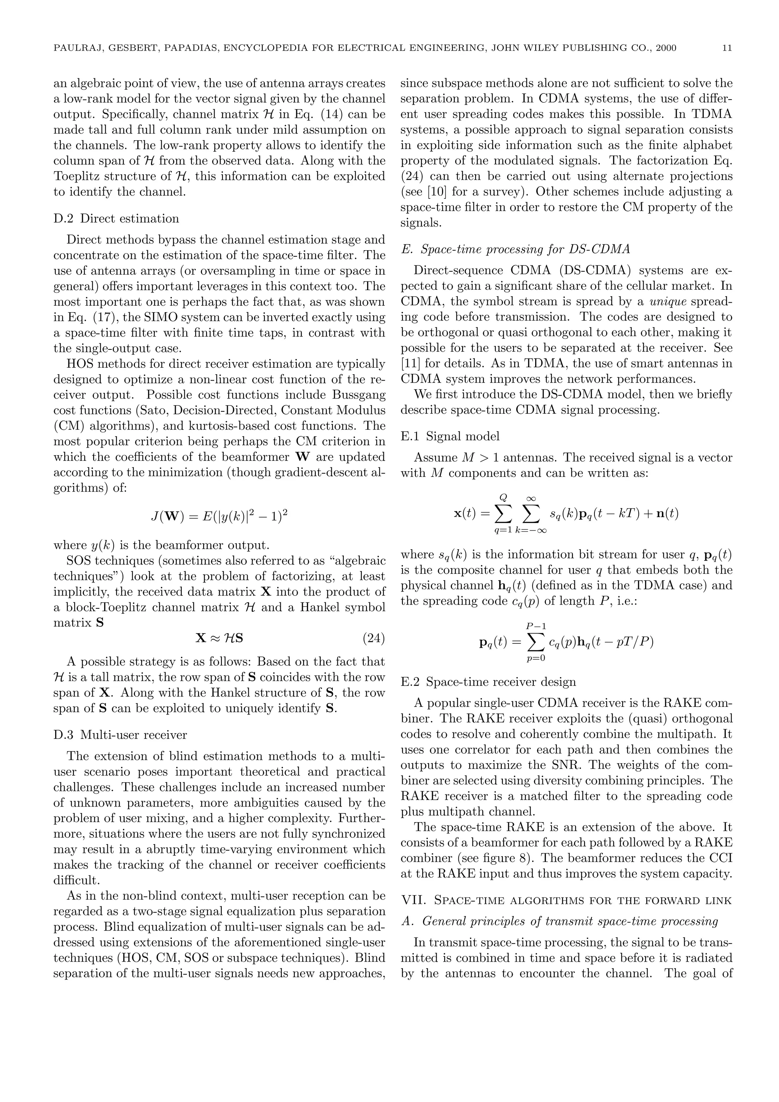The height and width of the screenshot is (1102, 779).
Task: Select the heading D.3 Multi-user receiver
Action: coord(120,735)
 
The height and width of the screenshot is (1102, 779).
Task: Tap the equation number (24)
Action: coord(374,638)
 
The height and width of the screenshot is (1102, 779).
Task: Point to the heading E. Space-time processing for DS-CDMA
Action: coord(515,249)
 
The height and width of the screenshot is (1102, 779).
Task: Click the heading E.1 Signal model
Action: coord(450,436)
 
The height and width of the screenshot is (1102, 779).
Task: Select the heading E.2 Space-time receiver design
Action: coord(488,682)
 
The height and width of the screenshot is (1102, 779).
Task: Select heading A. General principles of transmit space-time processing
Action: coord(559,921)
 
